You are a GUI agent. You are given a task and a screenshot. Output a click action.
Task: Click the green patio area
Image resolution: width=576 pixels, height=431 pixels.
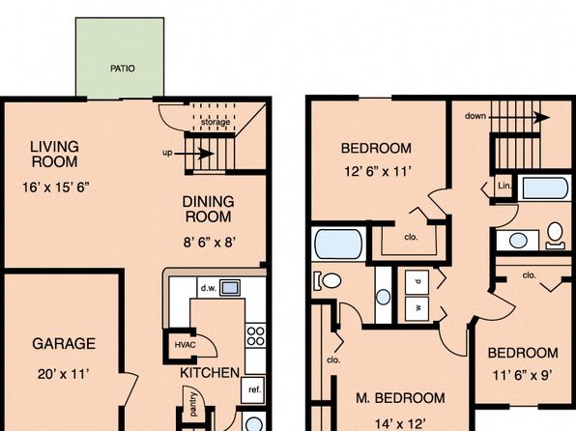(120, 58)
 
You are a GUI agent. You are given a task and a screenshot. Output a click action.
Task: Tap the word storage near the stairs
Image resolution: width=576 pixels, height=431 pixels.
(216, 122)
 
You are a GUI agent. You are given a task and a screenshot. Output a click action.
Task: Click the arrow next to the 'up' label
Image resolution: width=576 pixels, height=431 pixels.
(193, 154)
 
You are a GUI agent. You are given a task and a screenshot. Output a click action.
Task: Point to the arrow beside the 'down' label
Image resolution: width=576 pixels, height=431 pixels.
(520, 118)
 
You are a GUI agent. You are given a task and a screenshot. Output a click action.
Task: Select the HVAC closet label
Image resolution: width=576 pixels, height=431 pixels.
(185, 345)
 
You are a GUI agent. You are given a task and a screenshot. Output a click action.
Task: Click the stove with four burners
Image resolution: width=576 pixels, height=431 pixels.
(256, 336)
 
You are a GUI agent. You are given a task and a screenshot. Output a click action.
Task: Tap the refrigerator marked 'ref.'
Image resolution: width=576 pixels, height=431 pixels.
(253, 389)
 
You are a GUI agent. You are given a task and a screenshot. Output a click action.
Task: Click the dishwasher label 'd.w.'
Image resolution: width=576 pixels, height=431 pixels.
(209, 288)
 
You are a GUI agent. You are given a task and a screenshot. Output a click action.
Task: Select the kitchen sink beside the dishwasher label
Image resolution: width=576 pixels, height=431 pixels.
(230, 287)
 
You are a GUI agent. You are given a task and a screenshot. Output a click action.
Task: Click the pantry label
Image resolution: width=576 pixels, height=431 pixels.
(193, 404)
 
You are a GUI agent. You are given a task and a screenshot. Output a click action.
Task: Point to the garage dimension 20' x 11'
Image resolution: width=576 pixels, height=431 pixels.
(64, 374)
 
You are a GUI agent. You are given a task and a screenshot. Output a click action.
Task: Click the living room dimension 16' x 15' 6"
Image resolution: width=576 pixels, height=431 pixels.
(56, 187)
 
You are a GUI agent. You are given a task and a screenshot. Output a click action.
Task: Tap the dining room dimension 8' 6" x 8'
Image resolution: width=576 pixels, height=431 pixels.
(210, 243)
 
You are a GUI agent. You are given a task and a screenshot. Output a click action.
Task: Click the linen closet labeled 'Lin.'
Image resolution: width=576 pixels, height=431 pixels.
(504, 186)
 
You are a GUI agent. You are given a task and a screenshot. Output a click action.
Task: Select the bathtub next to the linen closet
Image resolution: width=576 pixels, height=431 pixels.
(545, 188)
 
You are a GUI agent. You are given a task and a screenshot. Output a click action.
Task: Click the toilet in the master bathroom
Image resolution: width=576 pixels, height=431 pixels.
(328, 280)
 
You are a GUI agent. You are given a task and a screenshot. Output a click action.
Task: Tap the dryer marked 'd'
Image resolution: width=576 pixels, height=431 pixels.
(417, 282)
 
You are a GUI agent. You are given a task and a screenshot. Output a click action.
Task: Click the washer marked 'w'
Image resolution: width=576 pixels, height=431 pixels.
(417, 308)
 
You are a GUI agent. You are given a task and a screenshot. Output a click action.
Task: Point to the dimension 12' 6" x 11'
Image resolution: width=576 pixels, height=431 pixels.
(377, 171)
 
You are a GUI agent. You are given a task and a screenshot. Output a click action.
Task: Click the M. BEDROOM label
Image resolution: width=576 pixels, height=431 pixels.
(400, 398)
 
